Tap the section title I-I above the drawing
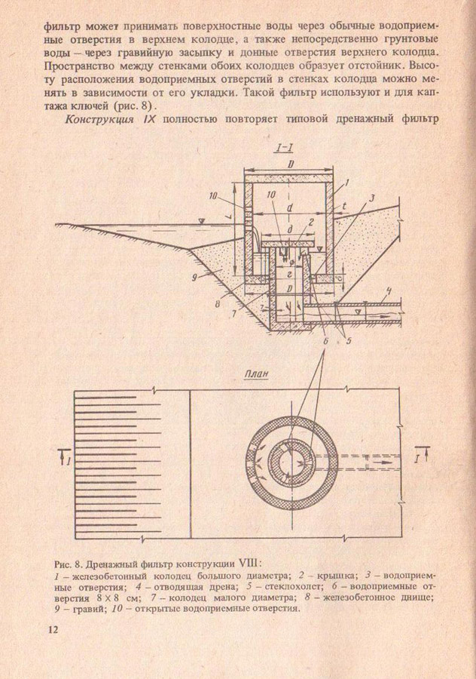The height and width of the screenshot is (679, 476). tap(285, 149)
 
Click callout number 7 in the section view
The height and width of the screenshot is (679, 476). tap(236, 312)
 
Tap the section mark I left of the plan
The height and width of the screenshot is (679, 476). tap(69, 456)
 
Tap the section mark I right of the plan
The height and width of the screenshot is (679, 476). tap(424, 455)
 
